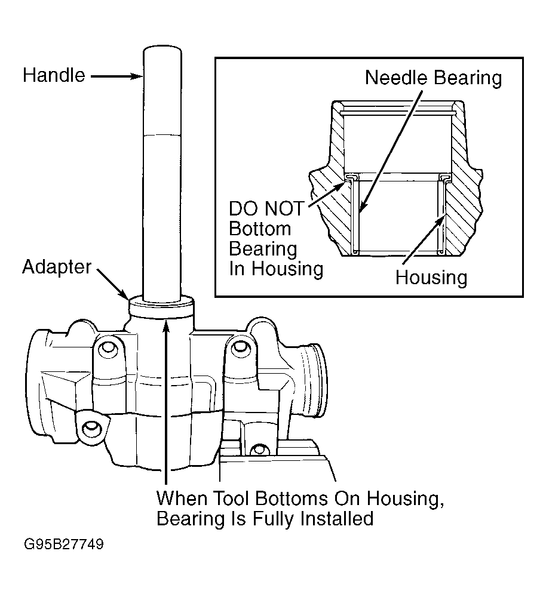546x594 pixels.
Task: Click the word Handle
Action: coord(54,75)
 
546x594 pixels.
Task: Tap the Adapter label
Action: coord(57,267)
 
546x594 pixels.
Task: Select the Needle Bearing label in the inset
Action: coord(433,78)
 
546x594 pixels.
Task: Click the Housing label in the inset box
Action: coord(431,278)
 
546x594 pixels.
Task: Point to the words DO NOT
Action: coord(266,208)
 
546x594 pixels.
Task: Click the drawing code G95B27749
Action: coord(64,544)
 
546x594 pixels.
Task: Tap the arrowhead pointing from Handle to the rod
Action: coord(136,76)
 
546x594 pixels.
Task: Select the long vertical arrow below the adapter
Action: coord(165,402)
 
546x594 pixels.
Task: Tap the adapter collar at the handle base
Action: coord(161,306)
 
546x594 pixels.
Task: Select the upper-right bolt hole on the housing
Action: coord(240,346)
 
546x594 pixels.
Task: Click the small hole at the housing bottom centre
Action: coord(259,450)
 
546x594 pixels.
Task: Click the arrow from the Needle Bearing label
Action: coord(391,150)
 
